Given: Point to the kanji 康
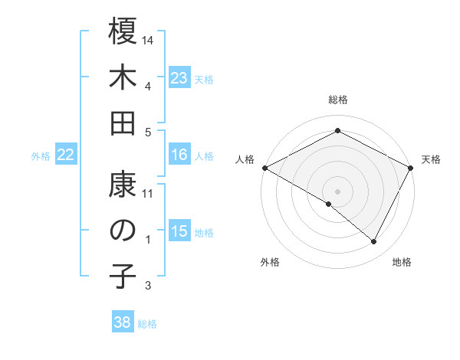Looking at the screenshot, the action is (123, 184).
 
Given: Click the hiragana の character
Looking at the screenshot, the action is (123, 230).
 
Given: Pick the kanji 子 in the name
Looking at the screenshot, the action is (123, 277).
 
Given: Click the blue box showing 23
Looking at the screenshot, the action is (179, 77).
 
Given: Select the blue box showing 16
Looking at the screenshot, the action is (179, 155).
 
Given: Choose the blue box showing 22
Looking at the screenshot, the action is (66, 155).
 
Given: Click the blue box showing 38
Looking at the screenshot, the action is (123, 322).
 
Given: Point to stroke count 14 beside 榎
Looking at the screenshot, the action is (149, 40).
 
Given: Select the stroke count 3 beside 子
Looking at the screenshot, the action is (149, 286).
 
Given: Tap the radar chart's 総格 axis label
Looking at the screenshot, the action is (338, 100).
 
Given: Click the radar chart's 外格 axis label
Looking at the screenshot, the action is (270, 262).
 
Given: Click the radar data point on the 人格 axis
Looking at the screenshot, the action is (264, 168).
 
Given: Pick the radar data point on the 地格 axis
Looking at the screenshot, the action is (374, 242).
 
